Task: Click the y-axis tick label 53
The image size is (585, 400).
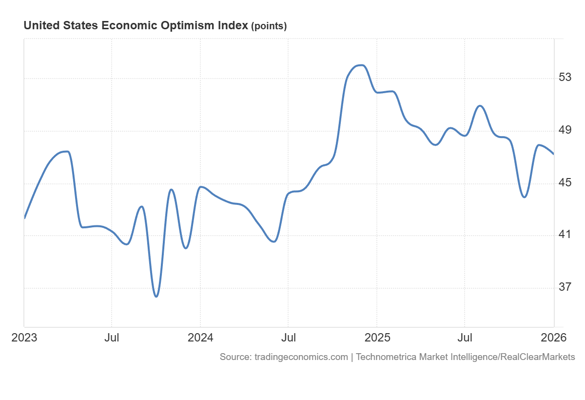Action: point(565,78)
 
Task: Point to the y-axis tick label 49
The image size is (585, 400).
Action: point(565,130)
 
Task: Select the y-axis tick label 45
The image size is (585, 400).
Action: point(565,183)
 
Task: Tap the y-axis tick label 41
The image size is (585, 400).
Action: point(565,235)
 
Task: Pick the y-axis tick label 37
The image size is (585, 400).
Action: point(565,287)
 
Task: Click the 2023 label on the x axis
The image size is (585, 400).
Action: point(24,338)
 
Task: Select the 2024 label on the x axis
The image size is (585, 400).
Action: point(200,338)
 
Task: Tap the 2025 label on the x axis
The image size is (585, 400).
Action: point(376,338)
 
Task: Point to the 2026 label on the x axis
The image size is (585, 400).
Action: point(553,338)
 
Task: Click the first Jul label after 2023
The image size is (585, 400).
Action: point(112,338)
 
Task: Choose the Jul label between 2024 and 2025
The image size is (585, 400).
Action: point(288,338)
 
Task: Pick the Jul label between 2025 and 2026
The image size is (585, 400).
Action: point(465,338)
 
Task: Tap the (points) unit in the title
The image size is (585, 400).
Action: point(269,26)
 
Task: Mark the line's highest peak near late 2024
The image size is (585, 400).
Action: point(360,65)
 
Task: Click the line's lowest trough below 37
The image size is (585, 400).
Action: point(156,296)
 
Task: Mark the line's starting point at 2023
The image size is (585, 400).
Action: point(24,218)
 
